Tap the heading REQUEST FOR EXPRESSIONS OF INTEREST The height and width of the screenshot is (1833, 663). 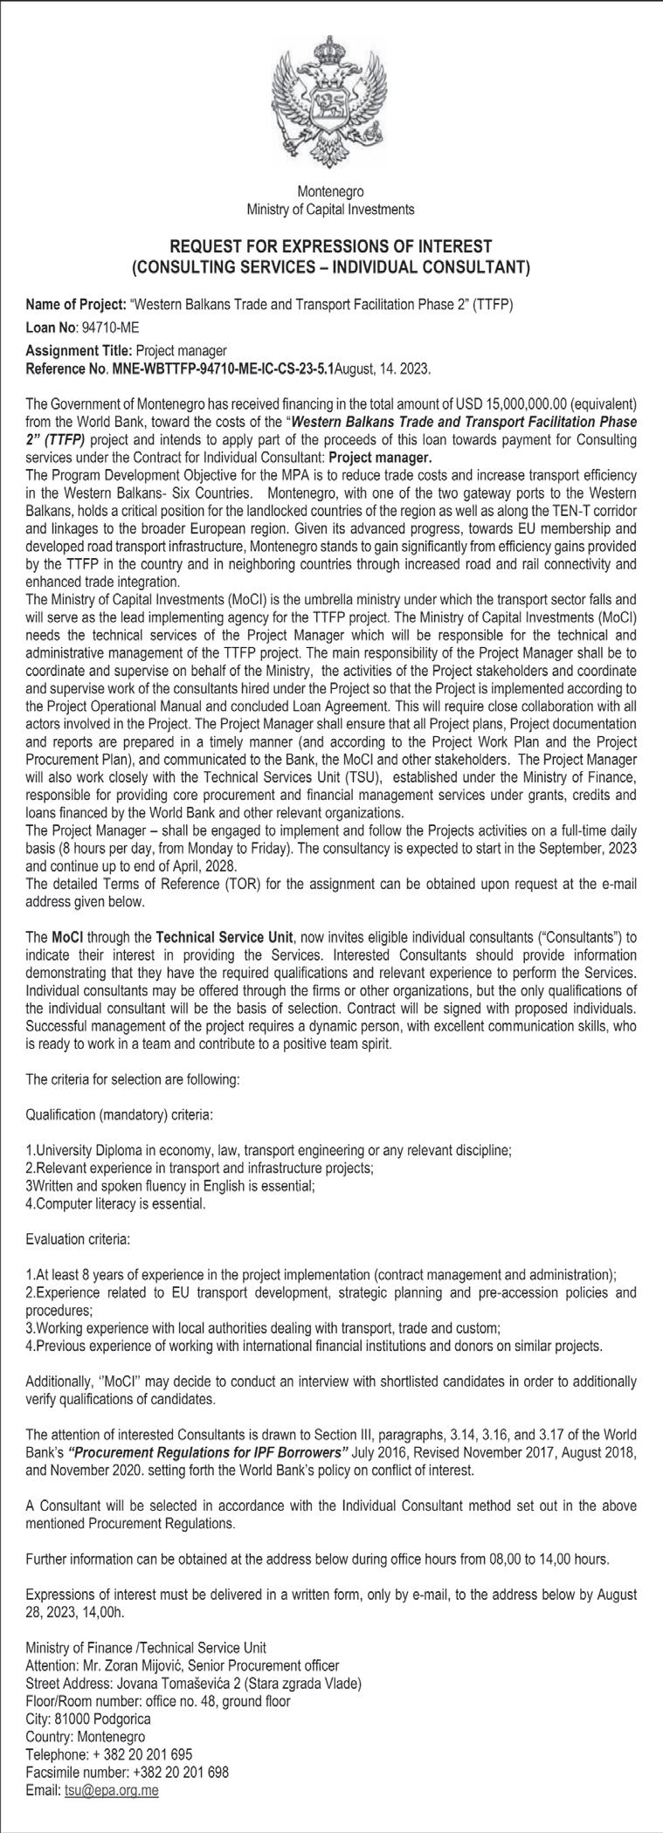331,245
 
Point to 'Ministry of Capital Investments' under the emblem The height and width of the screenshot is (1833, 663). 331,210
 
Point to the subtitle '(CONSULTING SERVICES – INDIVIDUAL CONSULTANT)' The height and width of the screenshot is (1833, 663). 331,265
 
